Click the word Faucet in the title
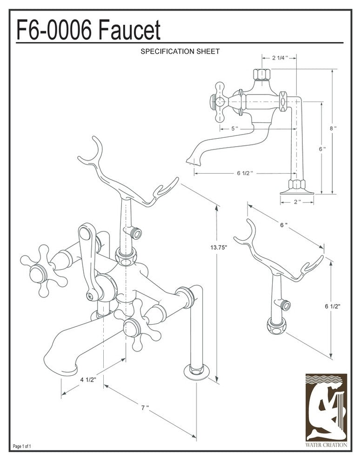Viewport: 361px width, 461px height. (x=130, y=31)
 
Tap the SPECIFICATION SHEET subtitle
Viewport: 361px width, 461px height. (x=180, y=52)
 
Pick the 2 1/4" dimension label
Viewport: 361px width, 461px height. (x=280, y=58)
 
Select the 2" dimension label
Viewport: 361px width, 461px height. (x=297, y=202)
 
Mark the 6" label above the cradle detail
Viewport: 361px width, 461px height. (x=283, y=225)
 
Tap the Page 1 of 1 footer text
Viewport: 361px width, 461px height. (x=22, y=447)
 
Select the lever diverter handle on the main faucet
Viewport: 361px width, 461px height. (x=89, y=261)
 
